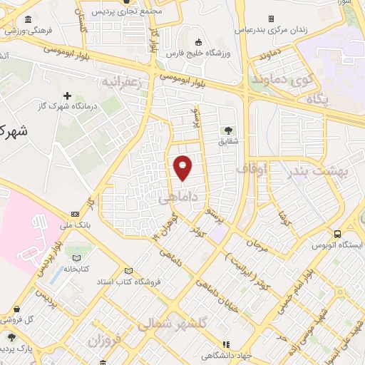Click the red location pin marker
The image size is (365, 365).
coord(184,168)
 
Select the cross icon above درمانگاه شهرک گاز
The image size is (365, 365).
coord(68,96)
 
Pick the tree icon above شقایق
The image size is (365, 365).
coord(228,130)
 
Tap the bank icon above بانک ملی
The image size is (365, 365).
coord(75,214)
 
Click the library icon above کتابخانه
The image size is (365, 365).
coord(78,257)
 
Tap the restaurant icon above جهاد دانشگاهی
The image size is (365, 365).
coord(227,343)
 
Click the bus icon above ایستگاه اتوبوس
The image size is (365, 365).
coord(337,233)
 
